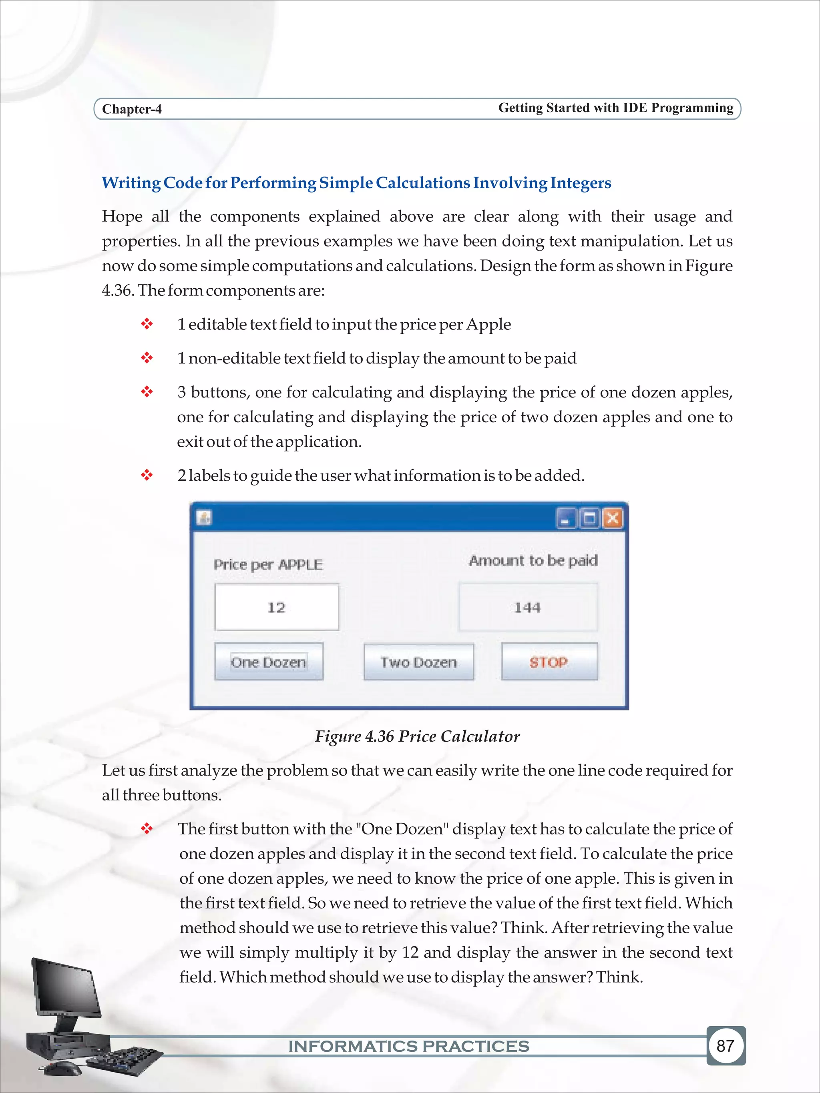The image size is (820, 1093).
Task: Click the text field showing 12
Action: click(x=277, y=607)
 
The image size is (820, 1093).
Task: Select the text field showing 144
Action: click(x=528, y=607)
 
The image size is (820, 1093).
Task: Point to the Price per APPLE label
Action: click(x=268, y=564)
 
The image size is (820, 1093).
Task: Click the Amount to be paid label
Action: click(x=533, y=560)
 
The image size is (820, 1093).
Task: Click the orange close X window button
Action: click(x=613, y=518)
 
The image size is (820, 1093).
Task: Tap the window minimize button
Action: click(x=567, y=519)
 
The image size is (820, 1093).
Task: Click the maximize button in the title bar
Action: click(x=589, y=519)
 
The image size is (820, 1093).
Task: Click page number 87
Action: click(x=725, y=1045)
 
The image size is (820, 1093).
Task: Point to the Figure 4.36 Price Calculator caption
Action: click(x=418, y=736)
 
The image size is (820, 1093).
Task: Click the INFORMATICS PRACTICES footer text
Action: click(x=409, y=1046)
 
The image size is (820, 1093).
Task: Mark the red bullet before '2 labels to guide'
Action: click(x=147, y=475)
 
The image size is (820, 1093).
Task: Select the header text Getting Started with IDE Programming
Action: click(x=615, y=108)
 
